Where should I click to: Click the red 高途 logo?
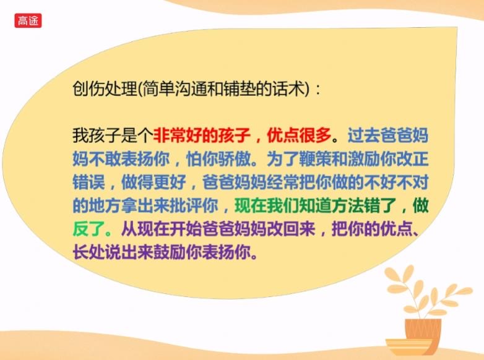point(27,20)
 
